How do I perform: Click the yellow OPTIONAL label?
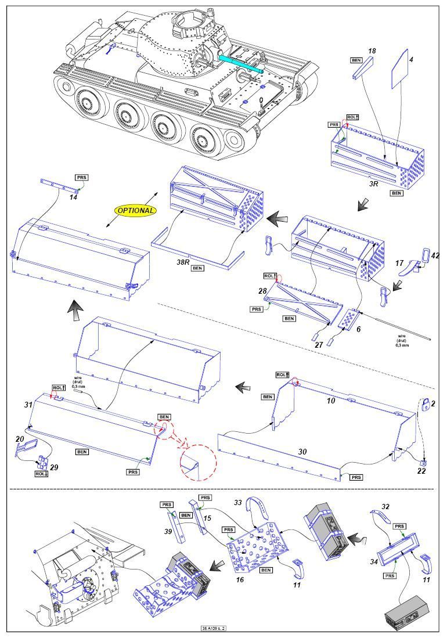[x=136, y=210]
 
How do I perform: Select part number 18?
[x=372, y=52]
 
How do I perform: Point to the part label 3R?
[x=374, y=183]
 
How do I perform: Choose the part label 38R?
[x=183, y=262]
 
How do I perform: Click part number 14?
[x=73, y=197]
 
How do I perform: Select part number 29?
[x=55, y=467]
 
